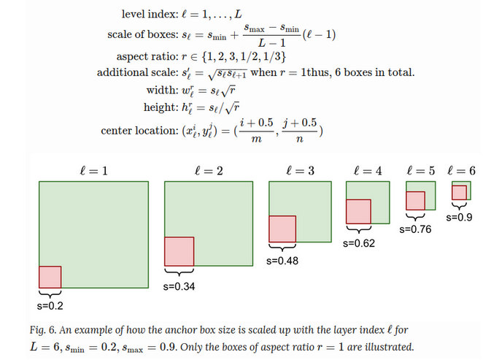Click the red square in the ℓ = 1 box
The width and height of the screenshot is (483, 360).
click(50, 277)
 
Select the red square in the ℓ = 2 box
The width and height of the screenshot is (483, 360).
click(179, 251)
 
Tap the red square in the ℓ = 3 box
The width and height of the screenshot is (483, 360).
click(282, 229)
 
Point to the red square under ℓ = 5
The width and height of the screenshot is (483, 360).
click(415, 201)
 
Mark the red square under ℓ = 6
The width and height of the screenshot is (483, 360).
click(459, 192)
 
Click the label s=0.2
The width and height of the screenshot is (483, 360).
click(50, 305)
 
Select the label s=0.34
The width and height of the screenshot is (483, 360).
click(179, 285)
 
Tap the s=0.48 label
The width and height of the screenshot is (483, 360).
click(283, 260)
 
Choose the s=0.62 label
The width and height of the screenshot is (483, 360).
click(358, 243)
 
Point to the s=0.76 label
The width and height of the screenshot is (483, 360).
click(416, 229)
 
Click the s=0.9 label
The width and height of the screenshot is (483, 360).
click(460, 217)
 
